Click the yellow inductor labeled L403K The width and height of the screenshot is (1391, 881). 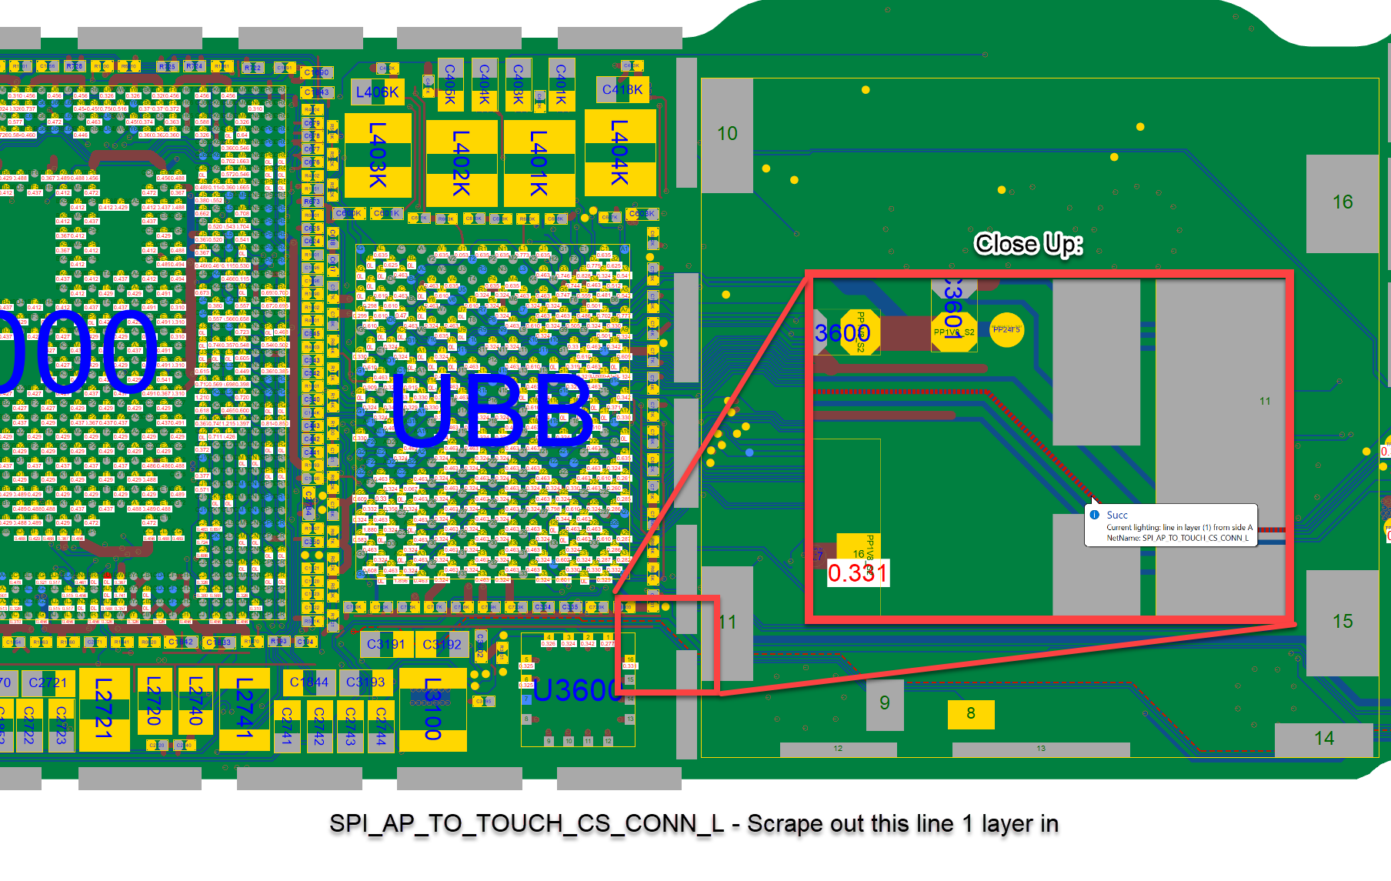(378, 155)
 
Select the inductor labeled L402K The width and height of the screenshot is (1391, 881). (461, 162)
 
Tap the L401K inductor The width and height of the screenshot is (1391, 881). (539, 162)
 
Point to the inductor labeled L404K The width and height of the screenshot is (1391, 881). (619, 152)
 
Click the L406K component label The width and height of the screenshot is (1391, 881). (377, 92)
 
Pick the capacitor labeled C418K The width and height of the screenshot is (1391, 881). (622, 89)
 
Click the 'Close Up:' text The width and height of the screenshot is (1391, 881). (1028, 244)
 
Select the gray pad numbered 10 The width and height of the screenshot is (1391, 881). (727, 135)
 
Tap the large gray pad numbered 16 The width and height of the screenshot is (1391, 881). (1342, 202)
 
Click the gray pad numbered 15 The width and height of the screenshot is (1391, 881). (1342, 622)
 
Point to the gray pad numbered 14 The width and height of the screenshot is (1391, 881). (1323, 739)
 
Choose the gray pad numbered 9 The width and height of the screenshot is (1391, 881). (885, 703)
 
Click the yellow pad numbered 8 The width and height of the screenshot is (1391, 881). (971, 713)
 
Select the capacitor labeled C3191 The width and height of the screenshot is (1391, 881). (386, 644)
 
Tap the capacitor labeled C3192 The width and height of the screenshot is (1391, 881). (442, 644)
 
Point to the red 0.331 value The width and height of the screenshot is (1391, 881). (858, 572)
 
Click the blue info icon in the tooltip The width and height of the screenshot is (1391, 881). (1095, 515)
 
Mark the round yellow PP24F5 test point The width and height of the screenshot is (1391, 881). (1006, 330)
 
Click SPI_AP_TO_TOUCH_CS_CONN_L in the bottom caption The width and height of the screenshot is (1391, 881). (526, 823)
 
